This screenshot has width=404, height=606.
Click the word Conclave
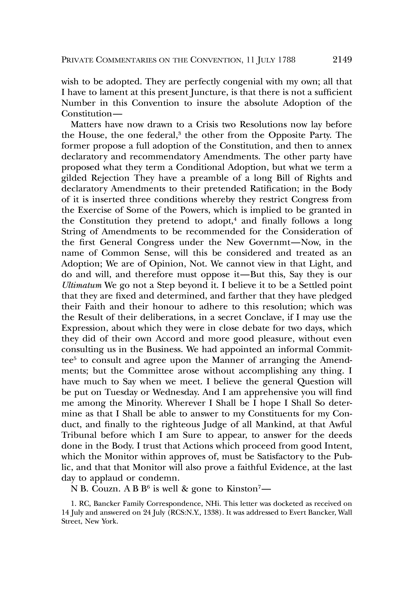coord(264,317)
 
